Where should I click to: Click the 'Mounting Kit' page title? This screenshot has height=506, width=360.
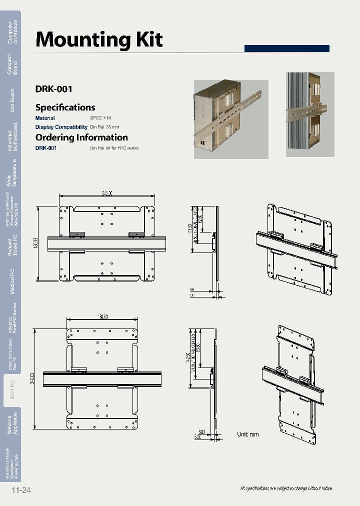[x=99, y=39]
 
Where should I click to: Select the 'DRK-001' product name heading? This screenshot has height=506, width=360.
[x=54, y=89]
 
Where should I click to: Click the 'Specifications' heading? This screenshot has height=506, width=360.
[x=65, y=107]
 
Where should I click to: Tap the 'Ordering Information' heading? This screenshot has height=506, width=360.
[x=81, y=137]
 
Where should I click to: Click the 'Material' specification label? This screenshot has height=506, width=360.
[x=45, y=118]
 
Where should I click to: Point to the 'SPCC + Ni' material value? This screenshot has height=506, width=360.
[x=100, y=118]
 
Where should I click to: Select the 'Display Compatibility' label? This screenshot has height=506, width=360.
[x=61, y=127]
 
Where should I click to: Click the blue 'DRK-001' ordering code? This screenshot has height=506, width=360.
[x=46, y=148]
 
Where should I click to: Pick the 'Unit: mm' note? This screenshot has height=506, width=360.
[x=248, y=434]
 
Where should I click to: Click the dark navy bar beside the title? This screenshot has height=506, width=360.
[x=286, y=48]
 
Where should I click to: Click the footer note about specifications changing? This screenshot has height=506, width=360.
[x=286, y=488]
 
